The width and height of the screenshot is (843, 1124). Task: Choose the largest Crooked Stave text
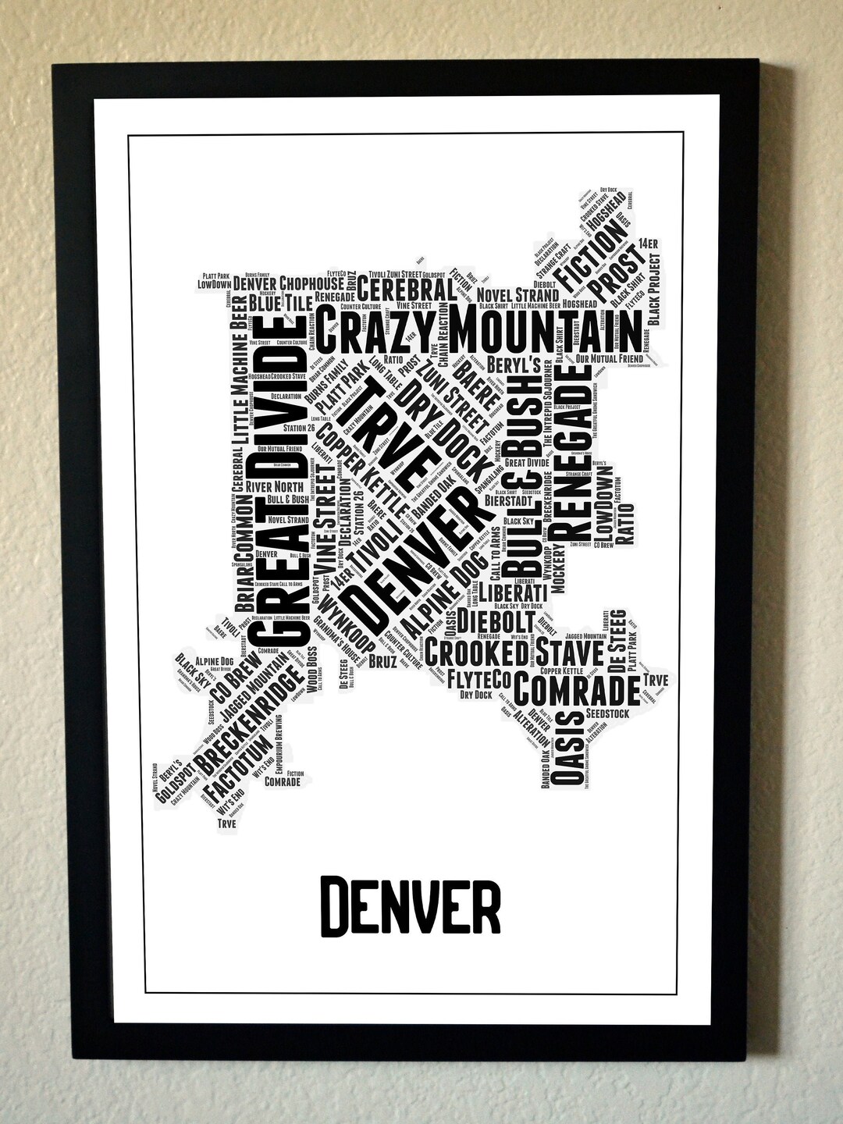pyautogui.click(x=514, y=653)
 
